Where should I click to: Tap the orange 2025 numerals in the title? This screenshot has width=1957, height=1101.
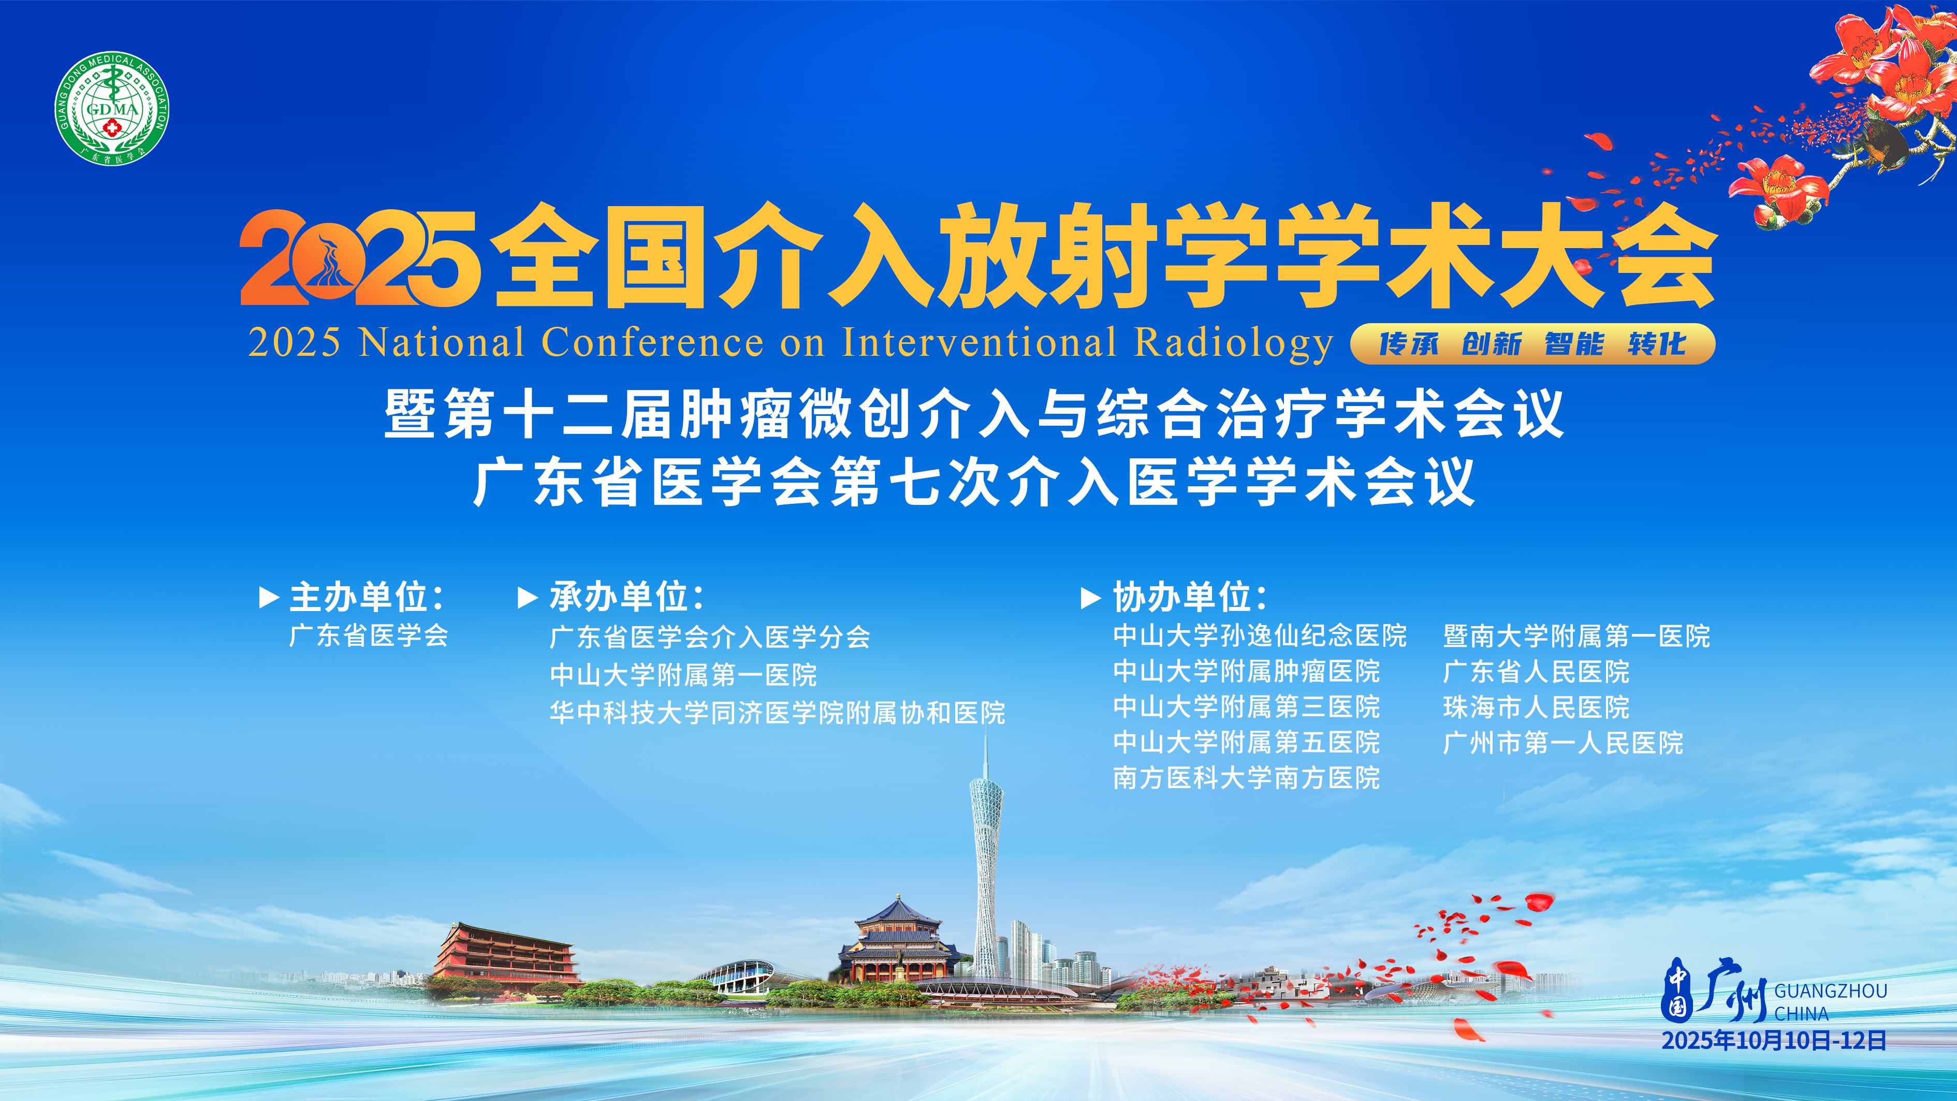pos(359,258)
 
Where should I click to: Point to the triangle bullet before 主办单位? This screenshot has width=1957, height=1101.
pos(269,597)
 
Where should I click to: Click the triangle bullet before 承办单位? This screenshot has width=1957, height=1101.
pos(527,597)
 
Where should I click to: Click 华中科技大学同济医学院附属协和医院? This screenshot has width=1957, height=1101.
pos(777,713)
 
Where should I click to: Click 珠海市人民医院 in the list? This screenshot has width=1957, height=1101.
pos(1536,707)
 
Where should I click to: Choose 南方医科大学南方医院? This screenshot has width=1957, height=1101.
pos(1246,777)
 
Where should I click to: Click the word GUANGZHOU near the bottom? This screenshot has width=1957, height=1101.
pos(1830,991)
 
